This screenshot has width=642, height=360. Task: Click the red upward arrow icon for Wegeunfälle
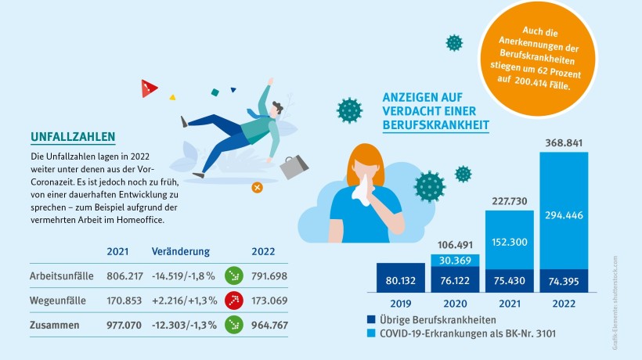233,298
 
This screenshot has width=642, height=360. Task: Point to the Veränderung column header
181,253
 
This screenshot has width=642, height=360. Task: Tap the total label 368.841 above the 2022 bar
564,143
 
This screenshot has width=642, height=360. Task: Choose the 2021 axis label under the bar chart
510,301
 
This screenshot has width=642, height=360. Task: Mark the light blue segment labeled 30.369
455,261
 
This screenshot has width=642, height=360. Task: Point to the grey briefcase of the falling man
294,165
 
